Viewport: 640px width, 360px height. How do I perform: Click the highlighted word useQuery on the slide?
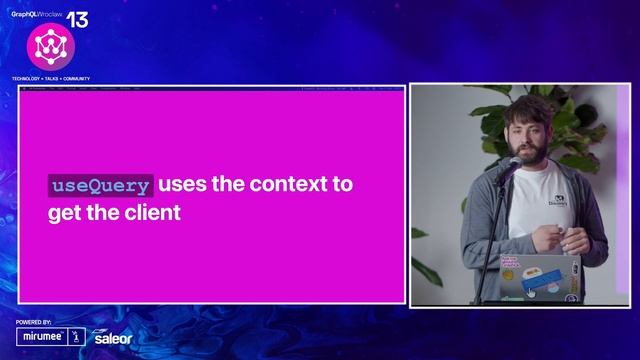pos(101,185)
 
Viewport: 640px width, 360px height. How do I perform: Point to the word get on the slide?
pos(65,213)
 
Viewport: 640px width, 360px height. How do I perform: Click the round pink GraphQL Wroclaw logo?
pos(45,47)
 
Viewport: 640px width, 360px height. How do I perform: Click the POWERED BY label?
pos(34,323)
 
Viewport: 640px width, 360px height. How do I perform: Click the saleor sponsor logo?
pos(111,338)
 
